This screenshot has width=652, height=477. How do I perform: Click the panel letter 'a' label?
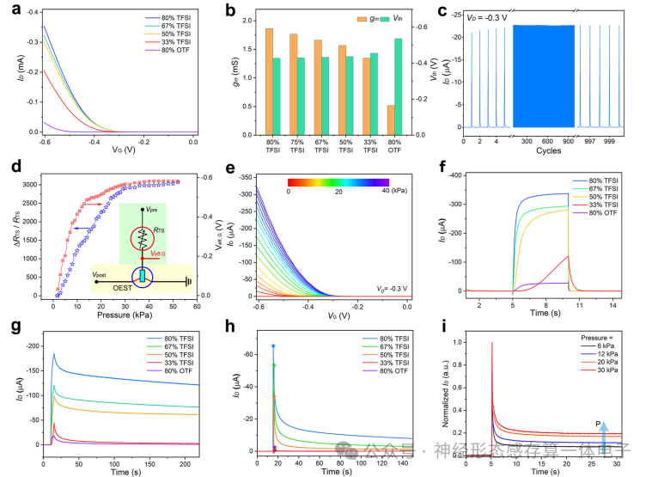[x=8, y=9]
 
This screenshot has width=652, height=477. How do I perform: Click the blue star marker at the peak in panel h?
[x=273, y=346]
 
